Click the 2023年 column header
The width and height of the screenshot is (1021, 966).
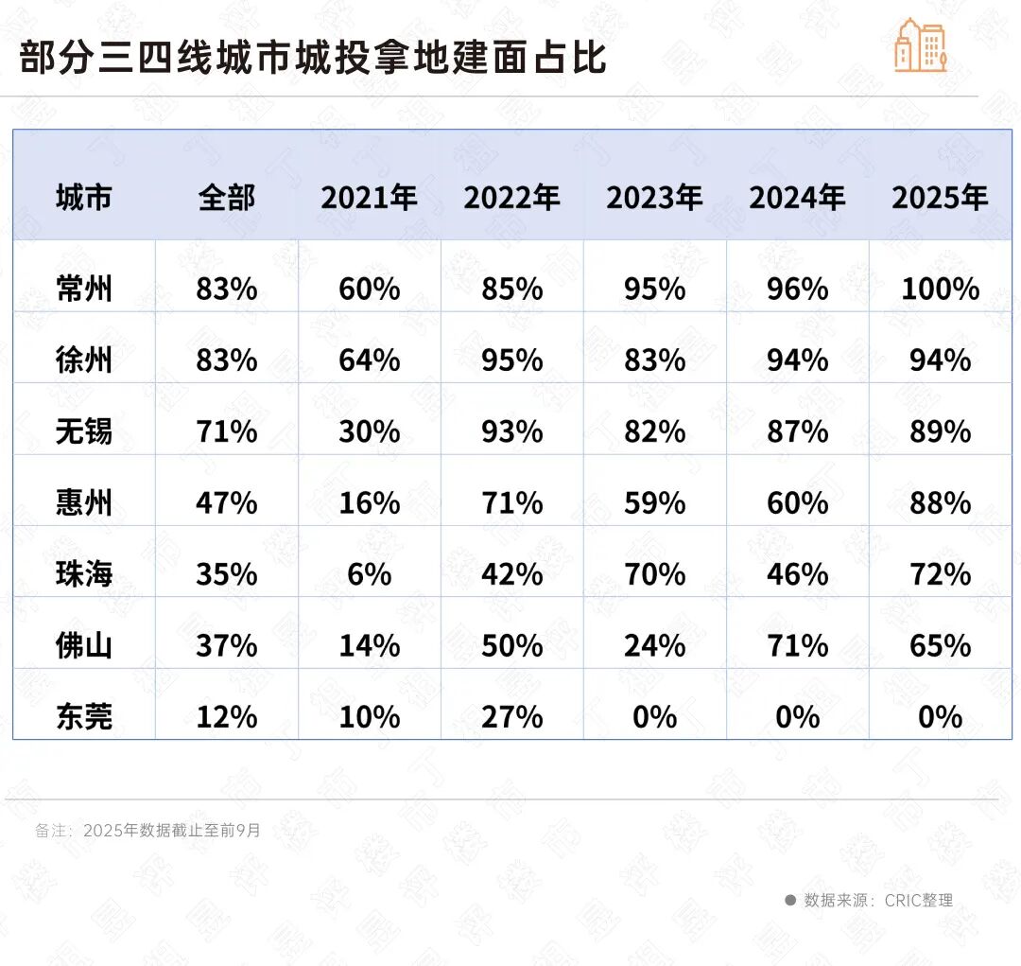pos(654,198)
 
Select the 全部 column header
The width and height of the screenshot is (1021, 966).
pos(227,198)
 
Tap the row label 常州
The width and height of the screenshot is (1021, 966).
pos(84,289)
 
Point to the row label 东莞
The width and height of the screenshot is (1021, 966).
pos(84,717)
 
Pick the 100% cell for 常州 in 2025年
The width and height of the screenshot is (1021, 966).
pos(940,289)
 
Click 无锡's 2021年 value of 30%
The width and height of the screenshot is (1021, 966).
pos(370,431)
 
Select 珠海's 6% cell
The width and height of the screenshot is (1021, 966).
pos(370,574)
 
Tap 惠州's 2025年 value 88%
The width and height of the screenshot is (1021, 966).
pos(940,503)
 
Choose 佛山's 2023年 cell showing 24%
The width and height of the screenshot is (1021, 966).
pos(654,646)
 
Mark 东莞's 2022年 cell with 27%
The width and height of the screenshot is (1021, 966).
pos(511,717)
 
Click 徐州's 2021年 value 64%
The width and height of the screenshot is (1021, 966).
pos(370,360)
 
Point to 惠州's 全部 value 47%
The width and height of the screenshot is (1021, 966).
pos(227,503)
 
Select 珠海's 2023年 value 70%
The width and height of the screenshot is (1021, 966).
pos(654,574)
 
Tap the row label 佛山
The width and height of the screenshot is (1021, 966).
pos(84,646)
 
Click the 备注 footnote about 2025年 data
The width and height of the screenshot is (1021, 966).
pos(147,831)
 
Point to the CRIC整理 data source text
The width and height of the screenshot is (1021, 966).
pos(877,900)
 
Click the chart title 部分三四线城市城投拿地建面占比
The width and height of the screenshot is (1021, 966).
pos(313,58)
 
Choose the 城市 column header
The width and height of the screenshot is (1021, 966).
pos(84,198)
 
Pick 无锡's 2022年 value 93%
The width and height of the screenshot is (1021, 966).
pos(511,431)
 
